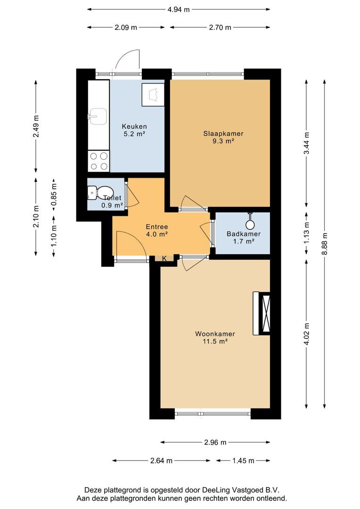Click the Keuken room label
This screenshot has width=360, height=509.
134,126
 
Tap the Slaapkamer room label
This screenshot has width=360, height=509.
223,133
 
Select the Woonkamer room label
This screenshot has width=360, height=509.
215,334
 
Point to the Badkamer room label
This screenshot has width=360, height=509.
244,234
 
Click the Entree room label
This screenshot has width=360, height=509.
157,227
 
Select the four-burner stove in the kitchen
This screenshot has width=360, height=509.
98,161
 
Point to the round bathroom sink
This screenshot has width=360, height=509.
250,224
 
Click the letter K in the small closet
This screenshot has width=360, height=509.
164,258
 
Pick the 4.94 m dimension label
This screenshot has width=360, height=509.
179,9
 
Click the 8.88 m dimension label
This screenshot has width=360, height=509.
324,244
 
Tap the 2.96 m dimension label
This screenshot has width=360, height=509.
215,442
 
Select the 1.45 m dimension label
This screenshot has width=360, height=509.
244,460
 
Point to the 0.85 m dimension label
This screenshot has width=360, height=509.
54,194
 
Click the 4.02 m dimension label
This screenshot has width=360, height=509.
306,334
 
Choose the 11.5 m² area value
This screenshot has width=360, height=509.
215,342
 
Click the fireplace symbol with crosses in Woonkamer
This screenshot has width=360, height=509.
262,313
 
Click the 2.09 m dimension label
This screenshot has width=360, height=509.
126,28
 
